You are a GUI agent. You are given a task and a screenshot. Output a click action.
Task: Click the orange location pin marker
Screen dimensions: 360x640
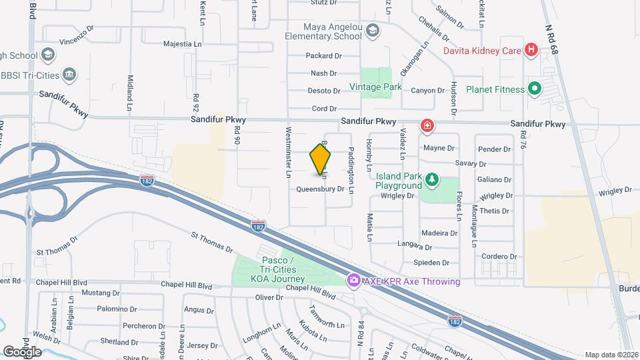coord(321,159)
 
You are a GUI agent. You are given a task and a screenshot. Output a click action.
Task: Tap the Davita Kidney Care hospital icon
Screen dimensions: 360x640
coord(531,49)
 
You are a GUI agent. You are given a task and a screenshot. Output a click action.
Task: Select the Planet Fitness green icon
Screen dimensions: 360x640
coord(535,89)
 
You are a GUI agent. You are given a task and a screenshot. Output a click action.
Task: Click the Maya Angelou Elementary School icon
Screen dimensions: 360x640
coord(373,31)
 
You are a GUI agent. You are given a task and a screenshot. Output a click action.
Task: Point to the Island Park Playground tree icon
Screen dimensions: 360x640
coord(432,179)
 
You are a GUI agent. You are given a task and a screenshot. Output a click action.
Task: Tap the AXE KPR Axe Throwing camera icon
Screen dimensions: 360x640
coord(353,281)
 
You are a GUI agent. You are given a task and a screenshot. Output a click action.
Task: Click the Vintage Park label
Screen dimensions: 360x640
coord(375,87)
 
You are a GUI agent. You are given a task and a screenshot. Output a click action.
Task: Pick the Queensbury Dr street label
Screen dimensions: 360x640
coord(320,189)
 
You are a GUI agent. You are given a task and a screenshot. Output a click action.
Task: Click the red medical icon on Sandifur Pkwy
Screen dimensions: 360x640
coord(426,125)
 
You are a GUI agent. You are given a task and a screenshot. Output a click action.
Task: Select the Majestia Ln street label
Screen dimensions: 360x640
coord(183,44)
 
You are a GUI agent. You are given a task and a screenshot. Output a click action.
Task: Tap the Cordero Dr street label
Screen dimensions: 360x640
coord(495,257)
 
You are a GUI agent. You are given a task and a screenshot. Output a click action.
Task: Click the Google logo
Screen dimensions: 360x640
coord(22,351)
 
